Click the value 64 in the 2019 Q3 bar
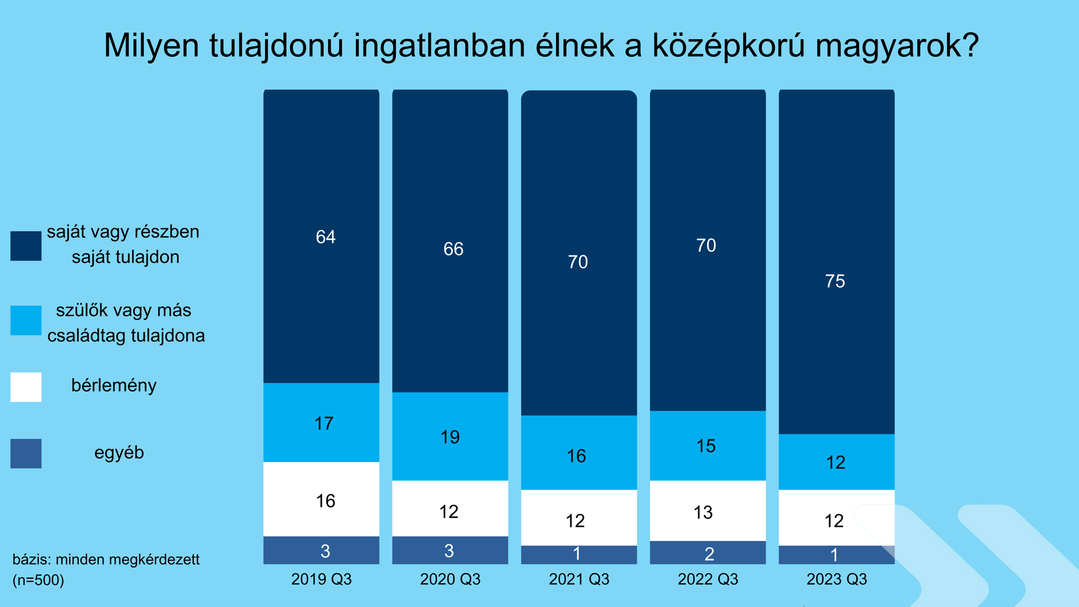pyautogui.click(x=326, y=237)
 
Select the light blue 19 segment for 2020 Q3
pyautogui.click(x=450, y=436)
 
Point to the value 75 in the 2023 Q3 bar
pyautogui.click(x=835, y=281)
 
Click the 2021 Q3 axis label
pyautogui.click(x=579, y=579)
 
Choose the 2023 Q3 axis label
pyautogui.click(x=836, y=579)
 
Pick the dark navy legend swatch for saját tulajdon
pyautogui.click(x=26, y=246)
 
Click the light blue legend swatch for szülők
pyautogui.click(x=26, y=320)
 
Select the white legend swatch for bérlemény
pyautogui.click(x=26, y=387)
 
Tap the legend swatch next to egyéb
pyautogui.click(x=26, y=453)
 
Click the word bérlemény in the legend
pyautogui.click(x=114, y=385)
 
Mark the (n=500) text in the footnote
pyautogui.click(x=38, y=580)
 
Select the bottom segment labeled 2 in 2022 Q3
pyautogui.click(x=708, y=553)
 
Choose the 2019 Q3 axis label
pyautogui.click(x=321, y=579)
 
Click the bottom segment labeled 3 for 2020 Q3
pyautogui.click(x=450, y=550)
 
